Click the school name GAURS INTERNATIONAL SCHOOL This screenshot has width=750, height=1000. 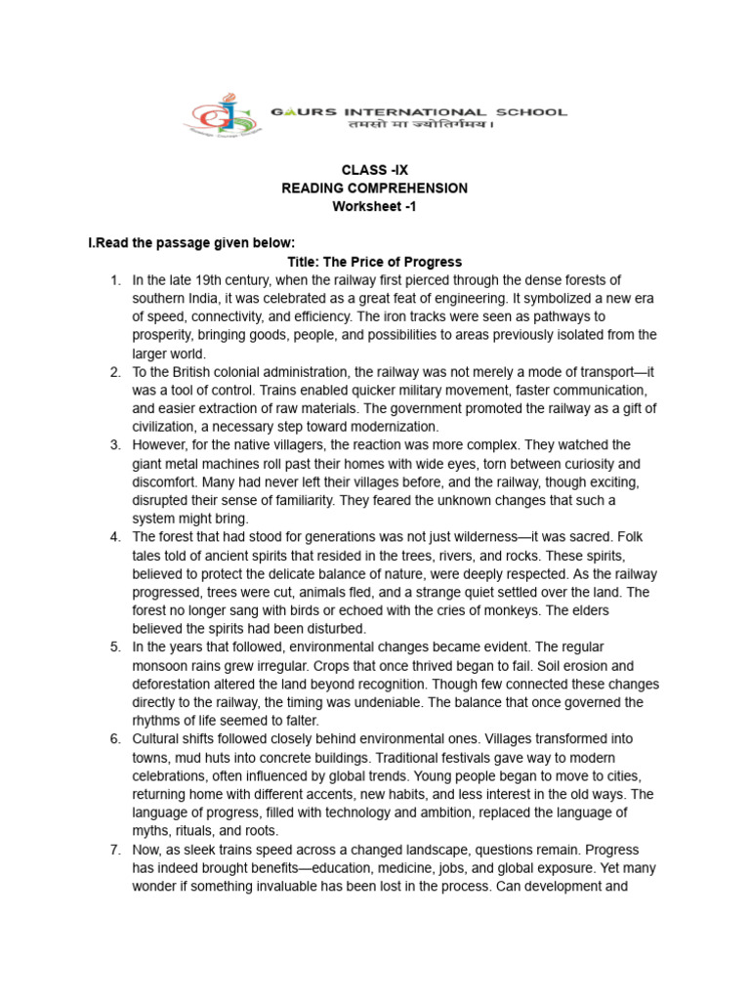click(x=418, y=112)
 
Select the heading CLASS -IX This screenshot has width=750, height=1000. click(x=374, y=170)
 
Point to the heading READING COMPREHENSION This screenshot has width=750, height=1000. click(x=374, y=187)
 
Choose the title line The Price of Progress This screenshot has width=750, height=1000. click(x=374, y=262)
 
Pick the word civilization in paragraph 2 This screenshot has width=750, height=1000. click(x=174, y=427)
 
